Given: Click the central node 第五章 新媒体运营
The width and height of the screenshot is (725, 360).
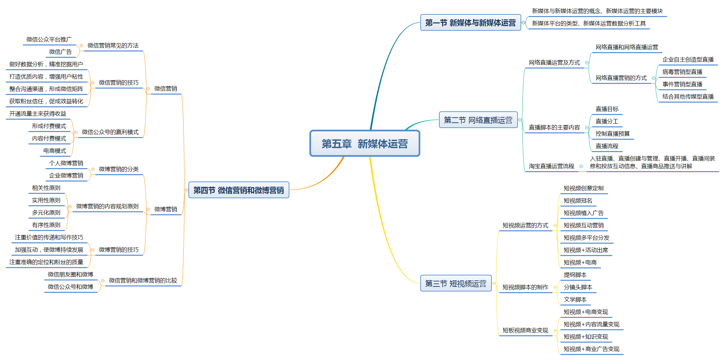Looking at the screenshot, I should pos(365,144).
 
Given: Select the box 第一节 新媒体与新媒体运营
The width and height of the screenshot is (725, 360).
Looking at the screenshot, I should pos(470,23).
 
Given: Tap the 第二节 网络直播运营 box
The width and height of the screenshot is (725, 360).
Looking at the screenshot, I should pos(478,120).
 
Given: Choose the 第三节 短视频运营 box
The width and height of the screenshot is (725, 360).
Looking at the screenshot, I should pos(455,283).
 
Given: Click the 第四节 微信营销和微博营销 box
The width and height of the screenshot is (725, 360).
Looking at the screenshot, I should pos(239,190).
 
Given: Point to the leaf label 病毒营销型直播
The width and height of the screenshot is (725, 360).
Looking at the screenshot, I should pos(682,72).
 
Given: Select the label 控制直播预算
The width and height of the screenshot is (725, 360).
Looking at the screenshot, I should pos(612,134).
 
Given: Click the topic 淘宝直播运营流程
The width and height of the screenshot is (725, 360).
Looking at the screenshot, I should pos(551,166).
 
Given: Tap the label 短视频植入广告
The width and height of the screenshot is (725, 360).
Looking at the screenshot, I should pos(583,213).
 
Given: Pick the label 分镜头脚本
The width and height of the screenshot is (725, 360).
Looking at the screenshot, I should pos(578,287).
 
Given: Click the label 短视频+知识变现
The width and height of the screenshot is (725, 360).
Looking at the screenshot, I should pos(586,337).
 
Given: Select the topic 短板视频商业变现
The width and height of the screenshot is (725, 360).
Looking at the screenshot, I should pos(525,330).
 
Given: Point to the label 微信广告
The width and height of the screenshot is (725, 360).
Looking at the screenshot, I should pos(60,52).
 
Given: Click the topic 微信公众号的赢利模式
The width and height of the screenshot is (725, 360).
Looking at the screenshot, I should pos(110,132).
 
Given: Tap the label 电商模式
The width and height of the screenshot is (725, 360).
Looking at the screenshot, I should pos(55,151).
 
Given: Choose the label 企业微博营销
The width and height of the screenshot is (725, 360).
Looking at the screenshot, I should pos(66,175).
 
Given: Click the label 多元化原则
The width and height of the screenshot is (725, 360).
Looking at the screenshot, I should pos(46,213).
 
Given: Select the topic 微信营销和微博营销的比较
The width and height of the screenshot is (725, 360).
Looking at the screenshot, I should pos(143,280).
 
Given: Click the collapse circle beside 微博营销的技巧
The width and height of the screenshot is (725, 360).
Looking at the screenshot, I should pos(93,250).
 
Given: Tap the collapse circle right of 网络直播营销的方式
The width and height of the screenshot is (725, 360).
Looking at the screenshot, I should pos(654,78).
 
